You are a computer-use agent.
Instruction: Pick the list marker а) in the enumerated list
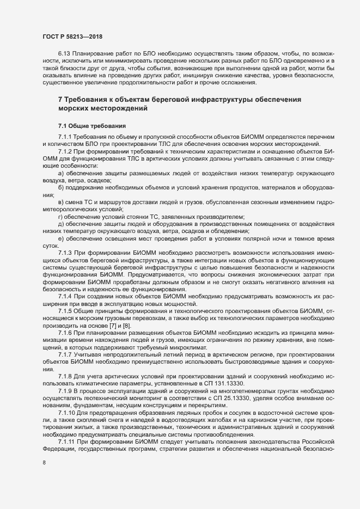(x=61, y=173)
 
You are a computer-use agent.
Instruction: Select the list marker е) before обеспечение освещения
(x=61, y=240)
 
